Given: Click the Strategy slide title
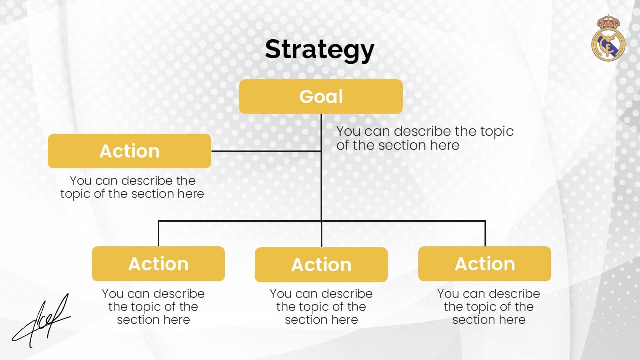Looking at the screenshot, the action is [x=319, y=50].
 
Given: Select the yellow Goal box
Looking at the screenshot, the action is [x=321, y=97].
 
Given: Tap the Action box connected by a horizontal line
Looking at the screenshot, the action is [x=129, y=151].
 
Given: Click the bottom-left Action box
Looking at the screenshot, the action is [x=158, y=264].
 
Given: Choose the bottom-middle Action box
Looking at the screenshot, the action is [x=321, y=265].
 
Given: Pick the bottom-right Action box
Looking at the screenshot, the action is [x=485, y=264].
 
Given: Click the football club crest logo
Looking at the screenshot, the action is [x=608, y=38].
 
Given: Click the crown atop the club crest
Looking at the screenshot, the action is [x=608, y=22].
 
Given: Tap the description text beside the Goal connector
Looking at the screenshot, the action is [x=425, y=138].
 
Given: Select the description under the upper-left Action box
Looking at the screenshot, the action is [x=132, y=187].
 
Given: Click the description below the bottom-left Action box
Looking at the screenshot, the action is [x=153, y=307].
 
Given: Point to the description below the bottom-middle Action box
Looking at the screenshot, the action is [x=321, y=307].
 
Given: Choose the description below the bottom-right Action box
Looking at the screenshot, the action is [x=489, y=307].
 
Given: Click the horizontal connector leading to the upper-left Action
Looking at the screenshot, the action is [x=266, y=151].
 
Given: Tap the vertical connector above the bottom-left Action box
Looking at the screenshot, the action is [x=158, y=233].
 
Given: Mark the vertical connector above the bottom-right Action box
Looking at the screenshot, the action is [x=485, y=233].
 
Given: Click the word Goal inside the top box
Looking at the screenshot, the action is [x=321, y=97].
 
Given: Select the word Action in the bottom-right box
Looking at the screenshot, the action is [x=485, y=264].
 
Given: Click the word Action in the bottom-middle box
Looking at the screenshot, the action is [x=321, y=265].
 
